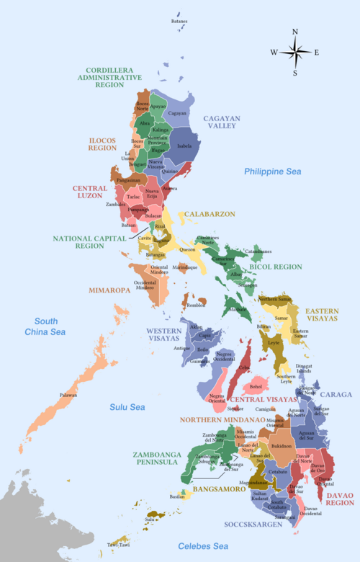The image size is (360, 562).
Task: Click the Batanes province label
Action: coord(179,21)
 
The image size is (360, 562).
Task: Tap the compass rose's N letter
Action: coord(294,32)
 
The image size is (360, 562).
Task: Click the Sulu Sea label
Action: coord(127,407)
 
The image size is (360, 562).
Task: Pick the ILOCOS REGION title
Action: coord(103,143)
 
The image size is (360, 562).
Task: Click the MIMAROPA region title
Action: coord(110,290)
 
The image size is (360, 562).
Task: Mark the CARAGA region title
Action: coord(336,394)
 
